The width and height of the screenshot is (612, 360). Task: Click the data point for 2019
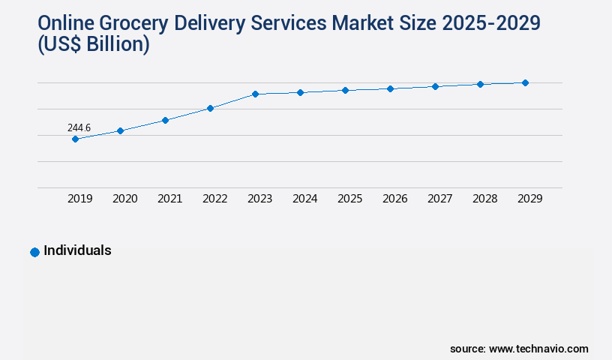75,139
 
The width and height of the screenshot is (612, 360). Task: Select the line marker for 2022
210,108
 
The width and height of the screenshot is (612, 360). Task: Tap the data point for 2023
255,94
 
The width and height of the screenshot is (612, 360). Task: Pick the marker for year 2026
390,88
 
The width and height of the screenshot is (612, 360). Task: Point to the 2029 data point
525,82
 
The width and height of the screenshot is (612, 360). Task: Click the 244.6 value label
79,128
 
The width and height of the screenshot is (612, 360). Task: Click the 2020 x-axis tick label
125,199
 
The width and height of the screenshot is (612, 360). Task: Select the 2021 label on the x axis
170,199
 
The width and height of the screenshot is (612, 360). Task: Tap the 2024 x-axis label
305,199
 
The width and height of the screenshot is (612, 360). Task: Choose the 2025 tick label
350,199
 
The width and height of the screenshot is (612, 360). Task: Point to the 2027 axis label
440,199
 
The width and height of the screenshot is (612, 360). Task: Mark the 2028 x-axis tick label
485,199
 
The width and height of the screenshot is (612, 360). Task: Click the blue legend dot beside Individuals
34,252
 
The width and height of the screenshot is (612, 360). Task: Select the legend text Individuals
77,250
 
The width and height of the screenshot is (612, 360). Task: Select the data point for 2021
165,120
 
